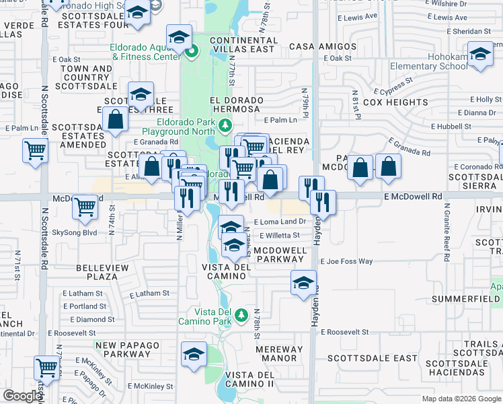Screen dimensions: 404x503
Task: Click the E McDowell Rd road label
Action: coord(414,196)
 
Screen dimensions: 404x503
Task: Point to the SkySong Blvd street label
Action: coord(75,232)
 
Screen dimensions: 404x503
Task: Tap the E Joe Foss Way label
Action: coord(346,261)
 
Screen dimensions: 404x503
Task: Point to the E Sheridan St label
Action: coord(469,31)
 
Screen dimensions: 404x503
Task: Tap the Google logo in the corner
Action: coord(24,396)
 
